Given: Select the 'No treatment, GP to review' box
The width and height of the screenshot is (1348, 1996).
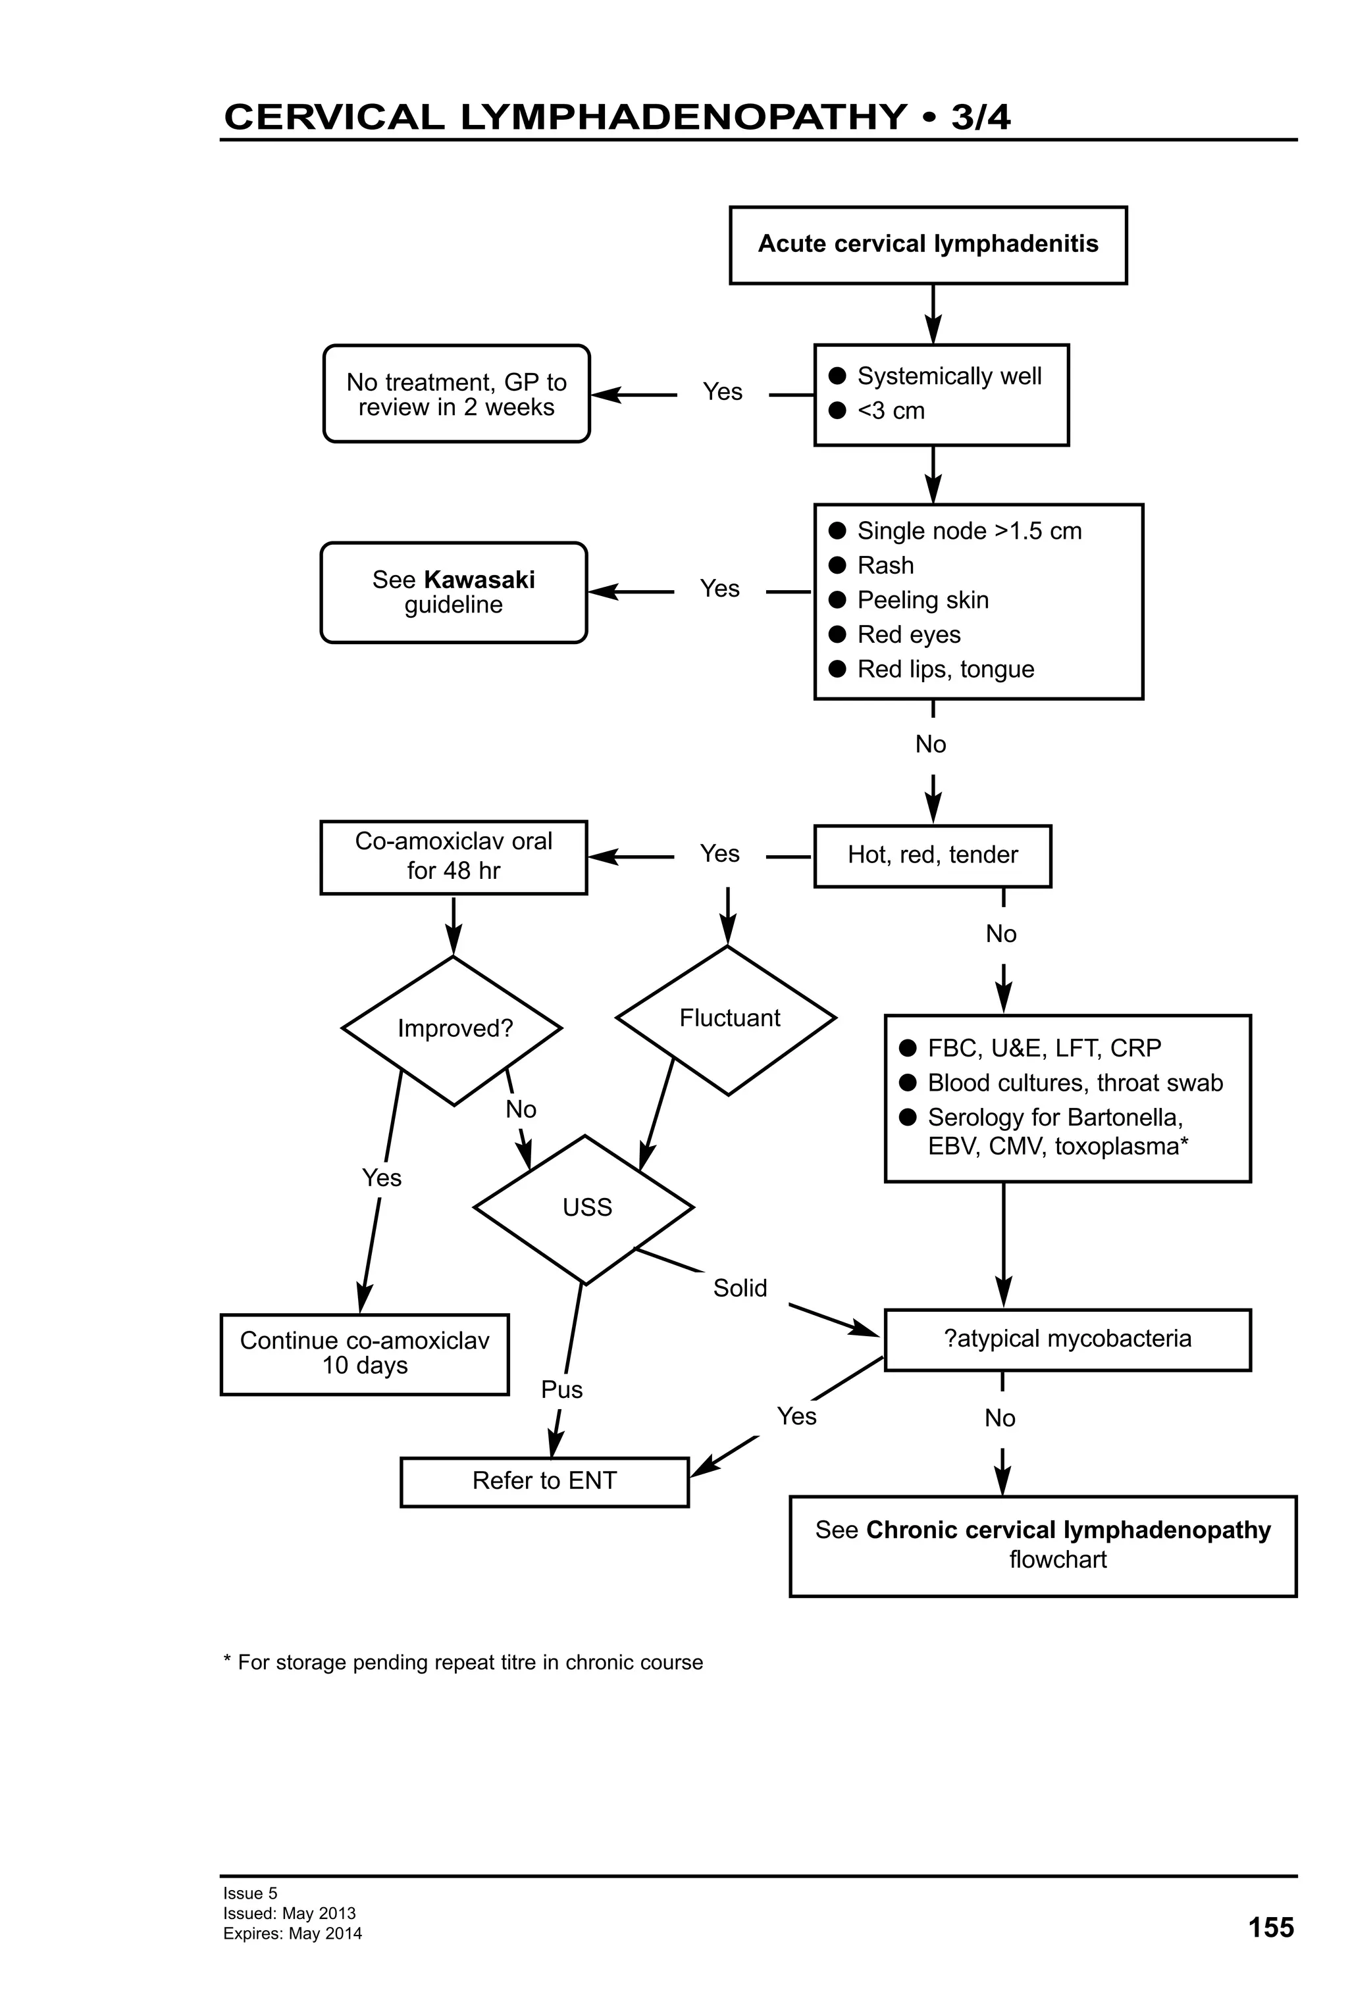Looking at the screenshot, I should coord(456,394).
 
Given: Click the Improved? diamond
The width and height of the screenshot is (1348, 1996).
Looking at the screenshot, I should coord(454,1029).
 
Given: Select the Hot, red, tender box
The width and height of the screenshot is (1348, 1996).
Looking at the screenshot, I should coord(932,855).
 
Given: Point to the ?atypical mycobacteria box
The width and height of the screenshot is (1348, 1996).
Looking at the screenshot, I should coord(1067,1339).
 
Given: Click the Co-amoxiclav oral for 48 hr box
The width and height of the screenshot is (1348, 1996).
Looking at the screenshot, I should coord(454,857).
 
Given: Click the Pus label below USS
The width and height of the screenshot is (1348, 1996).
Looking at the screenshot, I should coord(562,1389).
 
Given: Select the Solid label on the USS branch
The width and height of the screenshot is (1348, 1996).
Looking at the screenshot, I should coord(740,1288).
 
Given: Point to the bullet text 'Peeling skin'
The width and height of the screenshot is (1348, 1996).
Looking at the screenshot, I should coord(922,601).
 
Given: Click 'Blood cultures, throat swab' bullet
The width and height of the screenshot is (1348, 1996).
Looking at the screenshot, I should coord(1074,1083).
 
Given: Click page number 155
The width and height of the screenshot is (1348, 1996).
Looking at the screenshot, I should coord(1270,1928).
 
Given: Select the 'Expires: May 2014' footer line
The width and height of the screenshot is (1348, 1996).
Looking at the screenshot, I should coord(292,1934).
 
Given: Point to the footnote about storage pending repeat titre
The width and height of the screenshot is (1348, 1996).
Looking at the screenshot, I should coord(463,1662).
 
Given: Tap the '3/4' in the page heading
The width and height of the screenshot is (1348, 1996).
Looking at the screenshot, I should coord(980,117).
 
